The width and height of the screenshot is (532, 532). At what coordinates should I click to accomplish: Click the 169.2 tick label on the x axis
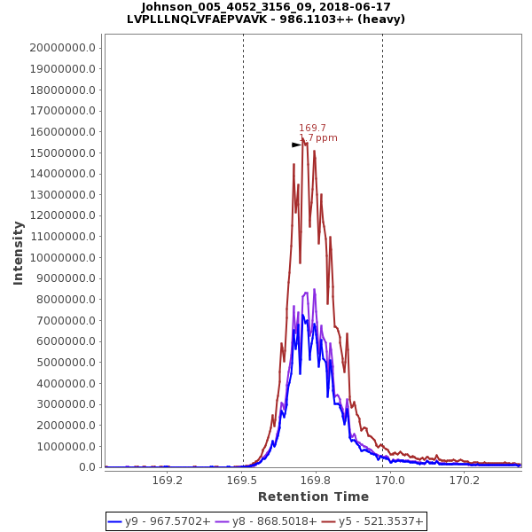pos(168,481)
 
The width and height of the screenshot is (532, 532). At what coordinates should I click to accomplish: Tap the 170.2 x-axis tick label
pos(465,481)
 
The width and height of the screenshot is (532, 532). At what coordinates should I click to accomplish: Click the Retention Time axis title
pos(313,497)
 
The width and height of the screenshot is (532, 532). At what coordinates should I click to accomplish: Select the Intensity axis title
pos(18,253)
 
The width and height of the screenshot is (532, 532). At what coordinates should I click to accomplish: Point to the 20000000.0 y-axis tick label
pos(62,48)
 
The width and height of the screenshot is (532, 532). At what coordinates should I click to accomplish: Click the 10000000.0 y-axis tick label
pos(62,258)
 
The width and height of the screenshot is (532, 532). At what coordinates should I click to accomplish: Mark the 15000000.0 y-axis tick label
pos(62,153)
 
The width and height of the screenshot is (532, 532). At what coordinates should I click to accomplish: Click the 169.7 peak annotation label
pos(312,128)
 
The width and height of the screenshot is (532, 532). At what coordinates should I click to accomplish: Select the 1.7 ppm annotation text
pos(319,138)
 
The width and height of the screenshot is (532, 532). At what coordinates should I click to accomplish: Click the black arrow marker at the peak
pos(297,145)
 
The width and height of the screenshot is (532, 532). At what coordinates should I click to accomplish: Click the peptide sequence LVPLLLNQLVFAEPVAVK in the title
pos(190,19)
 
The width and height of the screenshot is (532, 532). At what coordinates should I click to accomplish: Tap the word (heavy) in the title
pos(379,19)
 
